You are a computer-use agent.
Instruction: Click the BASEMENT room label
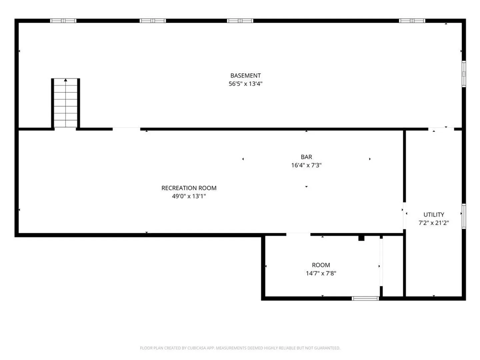[245, 76]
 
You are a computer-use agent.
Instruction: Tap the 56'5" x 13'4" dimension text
[245, 84]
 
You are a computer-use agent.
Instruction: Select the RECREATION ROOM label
[189, 188]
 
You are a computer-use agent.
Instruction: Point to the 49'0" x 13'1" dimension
[189, 196]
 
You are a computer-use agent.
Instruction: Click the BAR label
[306, 157]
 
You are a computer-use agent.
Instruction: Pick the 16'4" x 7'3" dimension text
[306, 165]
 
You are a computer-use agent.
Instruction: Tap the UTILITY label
[434, 215]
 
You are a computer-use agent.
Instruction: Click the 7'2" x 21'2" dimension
[434, 223]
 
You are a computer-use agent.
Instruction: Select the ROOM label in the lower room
[321, 265]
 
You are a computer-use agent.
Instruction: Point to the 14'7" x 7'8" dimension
[321, 273]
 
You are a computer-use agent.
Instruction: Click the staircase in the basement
[65, 103]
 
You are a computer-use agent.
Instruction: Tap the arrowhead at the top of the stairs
[65, 80]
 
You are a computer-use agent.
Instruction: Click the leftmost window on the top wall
[63, 21]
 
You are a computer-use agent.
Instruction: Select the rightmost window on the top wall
[412, 21]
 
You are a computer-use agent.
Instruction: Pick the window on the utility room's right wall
[464, 216]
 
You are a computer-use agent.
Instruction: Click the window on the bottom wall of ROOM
[365, 299]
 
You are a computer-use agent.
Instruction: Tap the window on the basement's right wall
[464, 74]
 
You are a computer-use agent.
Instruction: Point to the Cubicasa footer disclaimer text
[240, 348]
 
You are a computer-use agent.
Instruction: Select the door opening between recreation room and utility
[405, 216]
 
